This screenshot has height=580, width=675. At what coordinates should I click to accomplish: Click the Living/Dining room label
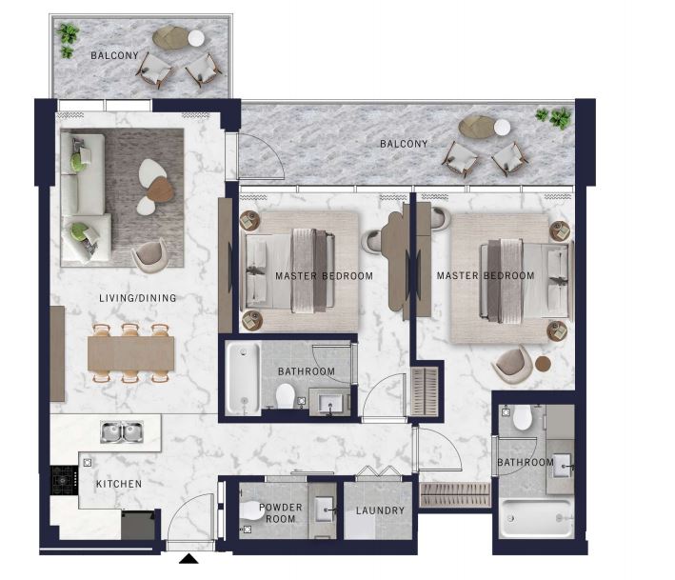tap(138, 298)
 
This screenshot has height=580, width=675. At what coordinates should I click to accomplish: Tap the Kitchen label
tap(119, 484)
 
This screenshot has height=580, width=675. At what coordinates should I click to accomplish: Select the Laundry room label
tap(380, 510)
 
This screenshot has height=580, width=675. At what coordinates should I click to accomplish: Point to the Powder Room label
tap(281, 512)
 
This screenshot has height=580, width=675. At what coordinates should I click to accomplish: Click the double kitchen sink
tap(122, 431)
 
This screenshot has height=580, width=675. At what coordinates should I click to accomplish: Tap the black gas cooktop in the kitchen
tap(65, 480)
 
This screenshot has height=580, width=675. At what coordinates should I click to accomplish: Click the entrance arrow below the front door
tap(189, 559)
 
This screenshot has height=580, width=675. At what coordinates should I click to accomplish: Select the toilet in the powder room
tap(251, 510)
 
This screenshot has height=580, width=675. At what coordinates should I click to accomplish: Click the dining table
tap(130, 353)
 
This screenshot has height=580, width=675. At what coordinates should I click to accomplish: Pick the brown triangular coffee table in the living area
tap(161, 189)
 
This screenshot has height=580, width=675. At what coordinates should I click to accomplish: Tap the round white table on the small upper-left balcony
tap(196, 38)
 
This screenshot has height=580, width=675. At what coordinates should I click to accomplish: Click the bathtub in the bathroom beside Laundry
tap(536, 518)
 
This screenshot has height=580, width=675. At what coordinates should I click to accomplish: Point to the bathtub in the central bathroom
tap(243, 379)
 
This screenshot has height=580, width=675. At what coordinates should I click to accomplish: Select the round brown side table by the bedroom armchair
tap(543, 364)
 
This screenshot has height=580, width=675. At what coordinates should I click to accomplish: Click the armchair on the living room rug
tap(149, 256)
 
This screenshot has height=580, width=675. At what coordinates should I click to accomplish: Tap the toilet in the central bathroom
tap(285, 395)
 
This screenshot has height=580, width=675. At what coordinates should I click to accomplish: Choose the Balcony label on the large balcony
tap(404, 144)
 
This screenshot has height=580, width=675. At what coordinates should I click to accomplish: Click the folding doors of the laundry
tap(378, 471)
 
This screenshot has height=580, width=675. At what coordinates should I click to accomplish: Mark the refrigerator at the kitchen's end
tap(138, 525)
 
